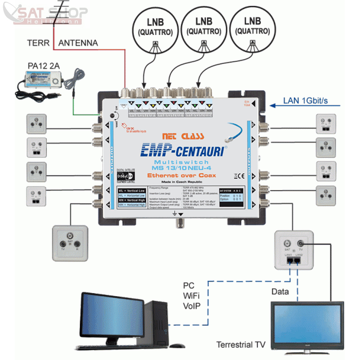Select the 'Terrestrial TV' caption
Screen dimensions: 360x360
tap(241, 345)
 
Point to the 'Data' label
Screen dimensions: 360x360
tap(280, 292)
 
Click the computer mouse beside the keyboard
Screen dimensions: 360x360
tap(177, 346)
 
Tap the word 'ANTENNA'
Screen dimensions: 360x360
tap(78, 43)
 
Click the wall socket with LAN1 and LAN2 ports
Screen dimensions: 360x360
tap(293, 250)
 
